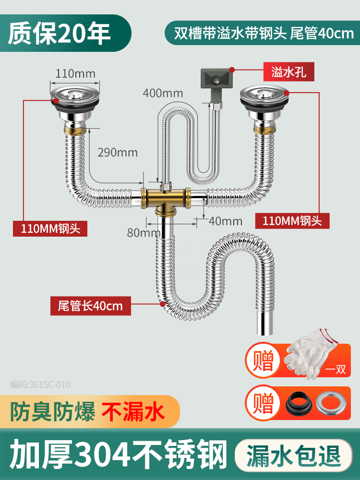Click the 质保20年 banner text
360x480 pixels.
click(x=60, y=33)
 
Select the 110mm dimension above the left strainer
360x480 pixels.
click(x=75, y=73)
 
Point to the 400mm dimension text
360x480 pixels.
click(x=163, y=93)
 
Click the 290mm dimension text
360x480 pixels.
click(x=118, y=153)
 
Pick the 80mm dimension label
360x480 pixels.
click(x=143, y=233)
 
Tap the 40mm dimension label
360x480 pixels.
click(x=226, y=221)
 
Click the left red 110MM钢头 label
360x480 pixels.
click(x=50, y=228)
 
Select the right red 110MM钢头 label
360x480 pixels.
click(x=296, y=220)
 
